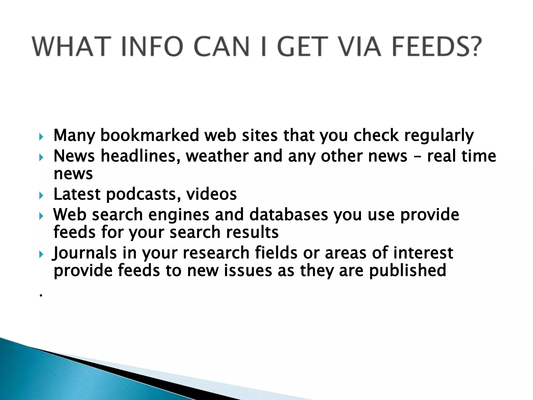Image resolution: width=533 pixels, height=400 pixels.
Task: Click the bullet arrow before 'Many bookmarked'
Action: tap(41, 137)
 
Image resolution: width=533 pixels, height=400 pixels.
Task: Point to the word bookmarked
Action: tap(150, 135)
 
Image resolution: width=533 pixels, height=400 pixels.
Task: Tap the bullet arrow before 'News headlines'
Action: tap(41, 157)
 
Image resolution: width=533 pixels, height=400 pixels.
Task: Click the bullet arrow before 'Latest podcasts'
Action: tap(41, 195)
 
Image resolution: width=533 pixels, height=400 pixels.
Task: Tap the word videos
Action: tap(211, 194)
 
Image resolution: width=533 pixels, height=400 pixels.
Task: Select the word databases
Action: tap(289, 215)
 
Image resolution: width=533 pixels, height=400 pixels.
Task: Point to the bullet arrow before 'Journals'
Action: tap(41, 254)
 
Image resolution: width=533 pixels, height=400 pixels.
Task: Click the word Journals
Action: tap(85, 253)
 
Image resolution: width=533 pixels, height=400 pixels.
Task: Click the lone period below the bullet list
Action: tap(41, 296)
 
